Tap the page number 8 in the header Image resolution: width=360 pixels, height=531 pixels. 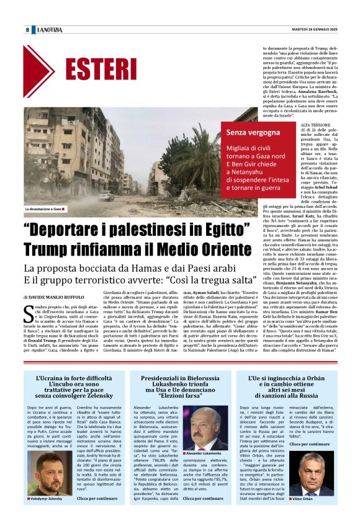[x=27, y=30]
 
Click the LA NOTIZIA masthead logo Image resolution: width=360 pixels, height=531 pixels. [x=49, y=30]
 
